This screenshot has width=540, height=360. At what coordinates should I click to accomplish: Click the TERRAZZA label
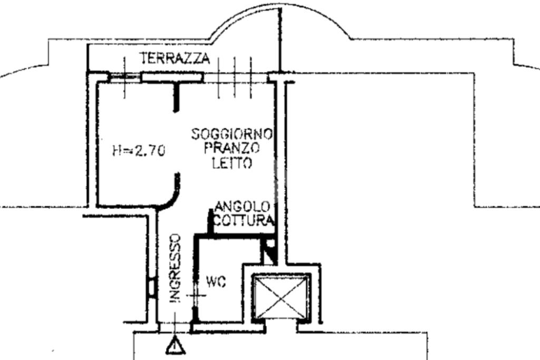click(x=175, y=59)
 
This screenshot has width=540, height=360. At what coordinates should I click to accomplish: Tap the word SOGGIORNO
click(x=232, y=134)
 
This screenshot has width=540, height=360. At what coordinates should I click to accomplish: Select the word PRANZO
click(x=232, y=149)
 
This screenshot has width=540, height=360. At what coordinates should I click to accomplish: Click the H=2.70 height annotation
click(x=139, y=151)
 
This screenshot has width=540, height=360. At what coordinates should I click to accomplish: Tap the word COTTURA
click(x=244, y=220)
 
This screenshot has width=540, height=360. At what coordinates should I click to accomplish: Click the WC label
click(x=216, y=283)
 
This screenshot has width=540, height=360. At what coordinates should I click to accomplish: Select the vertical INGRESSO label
click(x=176, y=268)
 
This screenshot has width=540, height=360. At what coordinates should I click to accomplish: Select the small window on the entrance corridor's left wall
click(x=151, y=288)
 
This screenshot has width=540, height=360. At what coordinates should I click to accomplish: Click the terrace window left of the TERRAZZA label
click(x=125, y=77)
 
